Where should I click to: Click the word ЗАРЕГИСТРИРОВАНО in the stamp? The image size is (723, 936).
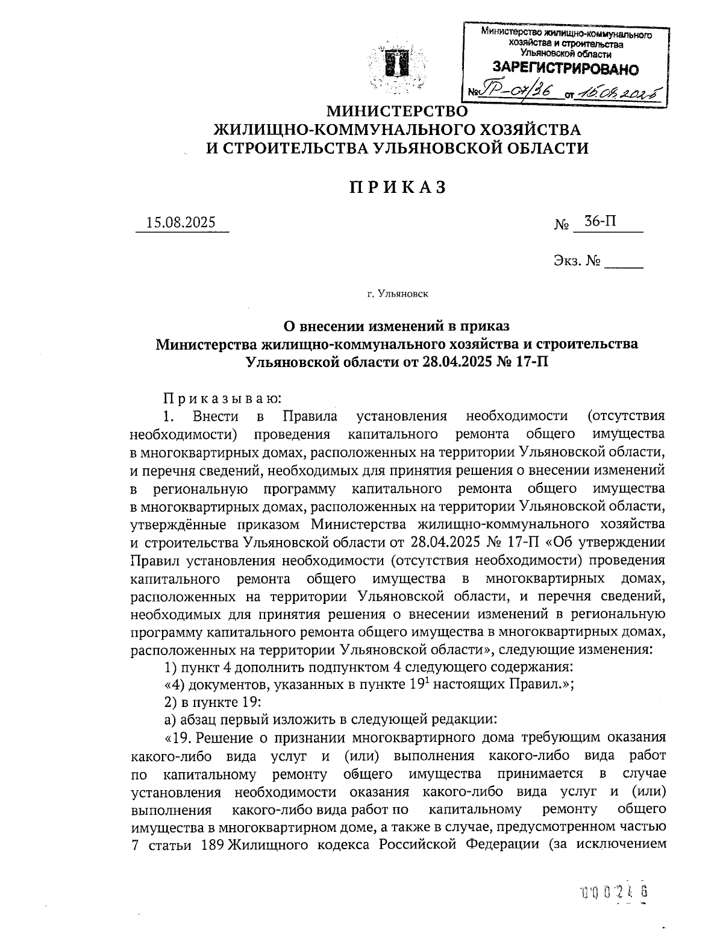(565, 69)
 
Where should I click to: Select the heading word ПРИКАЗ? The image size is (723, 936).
(398, 187)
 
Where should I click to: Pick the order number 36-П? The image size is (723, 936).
(600, 222)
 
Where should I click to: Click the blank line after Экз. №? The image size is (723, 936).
(624, 263)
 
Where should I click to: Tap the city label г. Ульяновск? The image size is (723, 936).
(397, 294)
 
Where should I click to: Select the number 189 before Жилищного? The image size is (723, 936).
(211, 844)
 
